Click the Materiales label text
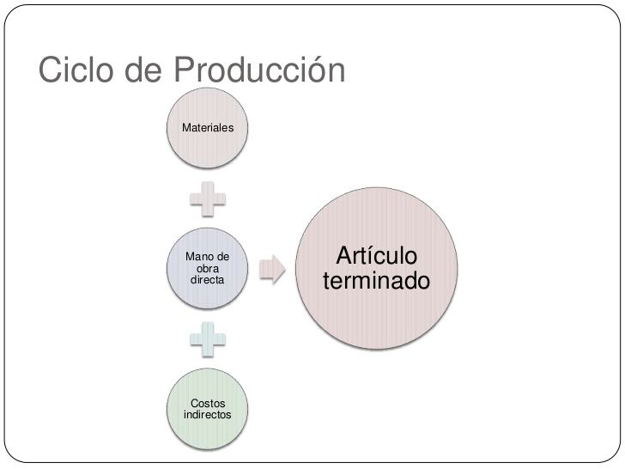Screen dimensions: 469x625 (208, 127)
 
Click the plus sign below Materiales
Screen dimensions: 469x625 (208, 199)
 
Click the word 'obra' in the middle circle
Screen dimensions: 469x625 (207, 269)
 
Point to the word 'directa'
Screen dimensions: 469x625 (207, 280)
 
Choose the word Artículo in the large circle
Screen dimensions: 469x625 (376, 256)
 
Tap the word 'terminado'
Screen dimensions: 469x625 (376, 281)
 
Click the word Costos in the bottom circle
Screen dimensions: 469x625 (207, 402)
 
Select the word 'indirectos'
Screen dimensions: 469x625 (207, 414)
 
